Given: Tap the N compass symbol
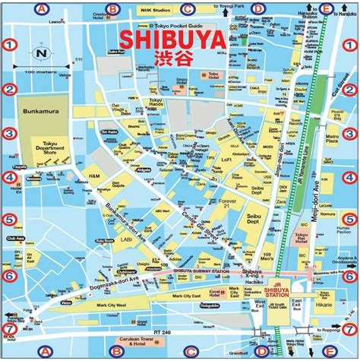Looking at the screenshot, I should pos(43,54).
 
